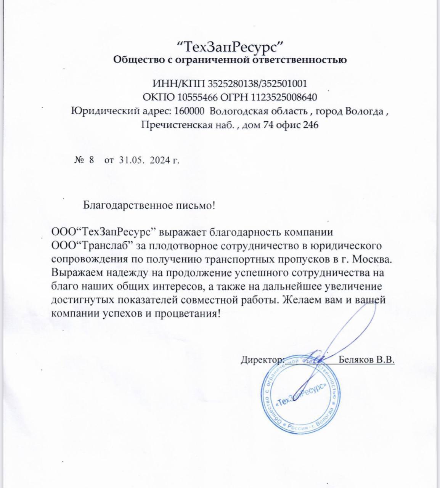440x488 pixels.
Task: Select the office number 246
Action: pyautogui.click(x=310, y=125)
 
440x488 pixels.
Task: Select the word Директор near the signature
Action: pyautogui.click(x=262, y=360)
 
